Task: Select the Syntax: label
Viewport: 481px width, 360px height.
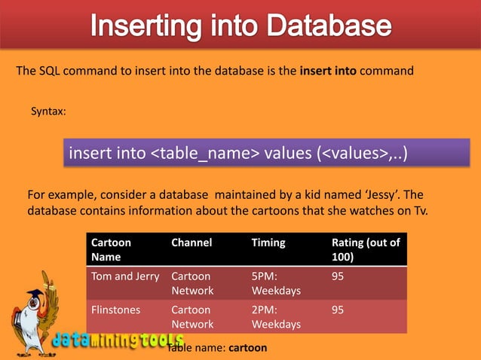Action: (48, 111)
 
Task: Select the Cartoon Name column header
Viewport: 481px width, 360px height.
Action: (111, 250)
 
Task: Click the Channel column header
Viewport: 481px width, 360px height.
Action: (191, 243)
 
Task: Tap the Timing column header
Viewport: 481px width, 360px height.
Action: (268, 243)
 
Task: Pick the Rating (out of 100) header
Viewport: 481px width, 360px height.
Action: (366, 250)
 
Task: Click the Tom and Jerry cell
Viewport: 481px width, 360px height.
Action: (125, 276)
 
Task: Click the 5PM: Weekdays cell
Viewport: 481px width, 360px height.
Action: (276, 283)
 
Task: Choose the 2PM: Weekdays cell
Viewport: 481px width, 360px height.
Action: (276, 316)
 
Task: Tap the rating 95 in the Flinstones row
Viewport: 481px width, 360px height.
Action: (338, 310)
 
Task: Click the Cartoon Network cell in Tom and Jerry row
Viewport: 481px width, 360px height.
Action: (192, 283)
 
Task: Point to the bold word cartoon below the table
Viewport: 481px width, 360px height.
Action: (247, 349)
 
